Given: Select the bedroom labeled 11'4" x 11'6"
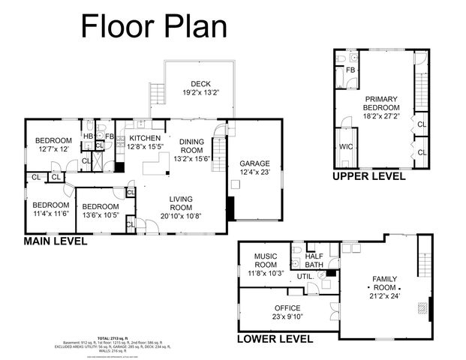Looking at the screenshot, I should [x=51, y=208].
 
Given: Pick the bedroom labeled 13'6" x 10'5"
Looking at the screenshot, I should [x=100, y=211].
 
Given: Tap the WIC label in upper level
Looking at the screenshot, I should [x=346, y=146].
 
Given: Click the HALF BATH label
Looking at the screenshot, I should [x=315, y=260].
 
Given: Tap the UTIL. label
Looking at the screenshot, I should [x=305, y=277].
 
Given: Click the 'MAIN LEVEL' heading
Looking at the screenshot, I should [x=56, y=241].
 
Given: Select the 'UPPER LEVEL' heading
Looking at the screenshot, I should [x=369, y=176].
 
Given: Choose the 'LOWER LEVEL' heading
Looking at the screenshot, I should [x=275, y=338].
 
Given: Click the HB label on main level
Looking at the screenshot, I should [x=88, y=136].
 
